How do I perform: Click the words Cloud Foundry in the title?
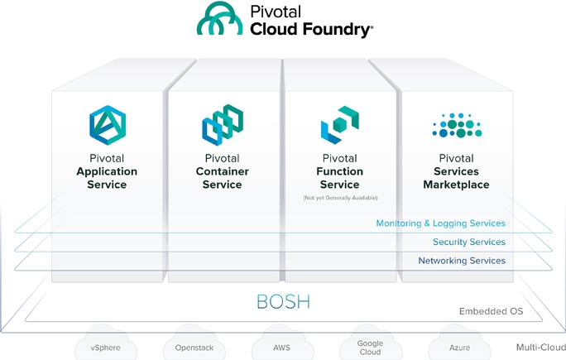coord(311,29)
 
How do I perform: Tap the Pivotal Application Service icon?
coord(107,123)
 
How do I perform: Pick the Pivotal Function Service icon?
coord(339,123)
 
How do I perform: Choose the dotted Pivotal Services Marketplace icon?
coord(456,125)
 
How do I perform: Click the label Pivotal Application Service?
coord(107,171)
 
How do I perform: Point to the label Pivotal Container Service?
coord(222,171)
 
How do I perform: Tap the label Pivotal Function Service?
coord(339,171)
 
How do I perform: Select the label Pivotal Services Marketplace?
coord(456,171)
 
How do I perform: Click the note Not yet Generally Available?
coord(339,198)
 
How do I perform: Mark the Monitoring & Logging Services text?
coord(440,223)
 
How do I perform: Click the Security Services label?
coord(468,242)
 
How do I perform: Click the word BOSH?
coord(282,300)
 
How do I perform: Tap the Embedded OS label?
coord(491,312)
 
